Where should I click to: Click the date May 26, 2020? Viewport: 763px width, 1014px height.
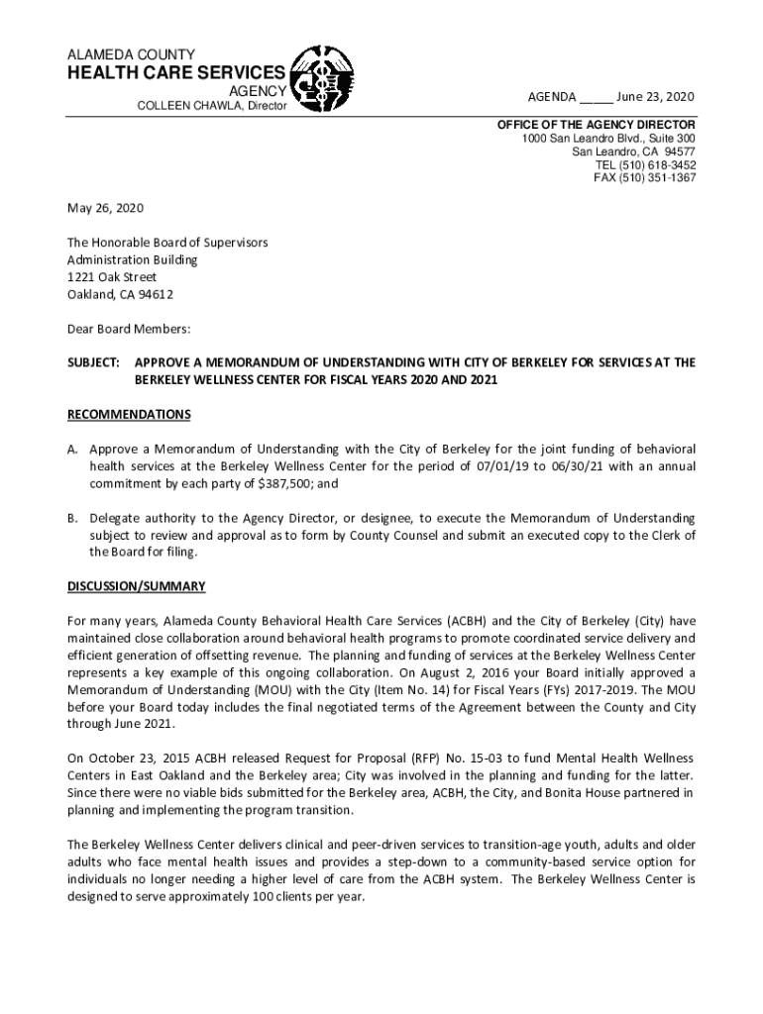(105, 209)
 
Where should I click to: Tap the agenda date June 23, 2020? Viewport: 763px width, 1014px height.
(655, 97)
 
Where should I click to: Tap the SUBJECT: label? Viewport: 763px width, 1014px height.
(93, 363)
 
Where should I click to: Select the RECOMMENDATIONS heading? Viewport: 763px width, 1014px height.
(129, 414)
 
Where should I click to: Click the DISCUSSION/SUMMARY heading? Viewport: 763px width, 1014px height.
(137, 586)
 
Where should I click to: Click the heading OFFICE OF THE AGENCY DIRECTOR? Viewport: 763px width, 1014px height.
(596, 126)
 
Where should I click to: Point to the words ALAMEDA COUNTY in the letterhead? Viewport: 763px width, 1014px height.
(131, 53)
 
